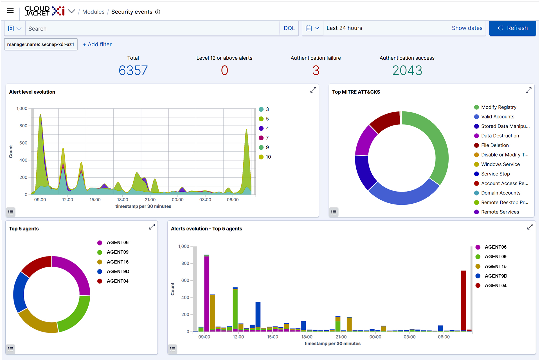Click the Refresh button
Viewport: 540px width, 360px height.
click(512, 28)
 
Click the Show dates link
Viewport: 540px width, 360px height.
click(467, 28)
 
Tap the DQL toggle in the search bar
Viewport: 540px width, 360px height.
click(289, 28)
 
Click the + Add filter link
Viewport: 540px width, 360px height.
click(97, 44)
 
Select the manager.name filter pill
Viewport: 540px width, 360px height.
click(41, 44)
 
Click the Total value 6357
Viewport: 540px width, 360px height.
click(133, 70)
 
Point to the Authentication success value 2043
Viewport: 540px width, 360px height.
click(407, 70)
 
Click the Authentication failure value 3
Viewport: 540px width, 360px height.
click(316, 70)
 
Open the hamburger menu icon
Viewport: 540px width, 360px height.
click(10, 11)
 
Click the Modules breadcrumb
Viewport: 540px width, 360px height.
click(93, 12)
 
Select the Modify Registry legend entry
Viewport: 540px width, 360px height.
click(498, 107)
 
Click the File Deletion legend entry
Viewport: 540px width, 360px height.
click(495, 145)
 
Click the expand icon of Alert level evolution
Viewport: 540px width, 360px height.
click(313, 90)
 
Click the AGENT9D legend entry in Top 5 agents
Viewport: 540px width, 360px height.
click(118, 271)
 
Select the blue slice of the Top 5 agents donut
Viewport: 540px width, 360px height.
click(20, 292)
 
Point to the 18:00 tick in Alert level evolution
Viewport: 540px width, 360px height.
click(123, 200)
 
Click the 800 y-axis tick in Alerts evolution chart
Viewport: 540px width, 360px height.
click(185, 264)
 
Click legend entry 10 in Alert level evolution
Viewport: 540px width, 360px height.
click(268, 157)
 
